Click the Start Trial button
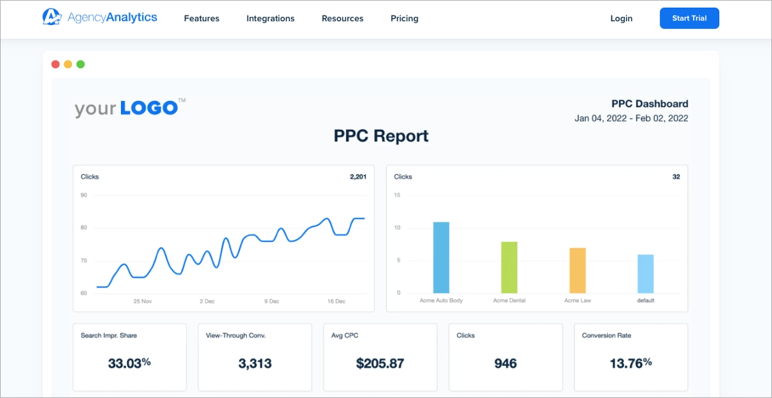(689, 19)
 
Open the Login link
(621, 19)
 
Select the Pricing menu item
(404, 19)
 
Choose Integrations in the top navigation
(270, 19)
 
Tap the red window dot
(55, 64)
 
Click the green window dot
(80, 64)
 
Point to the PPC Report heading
(381, 136)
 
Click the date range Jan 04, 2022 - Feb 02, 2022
(631, 118)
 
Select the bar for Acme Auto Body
(441, 257)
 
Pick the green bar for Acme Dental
(510, 267)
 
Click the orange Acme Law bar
(578, 270)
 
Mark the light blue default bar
(645, 273)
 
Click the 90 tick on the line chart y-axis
(84, 195)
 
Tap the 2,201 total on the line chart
(358, 177)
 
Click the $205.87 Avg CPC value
(380, 363)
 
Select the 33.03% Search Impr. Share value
(129, 363)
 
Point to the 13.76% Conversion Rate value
(630, 363)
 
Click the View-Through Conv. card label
(235, 336)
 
